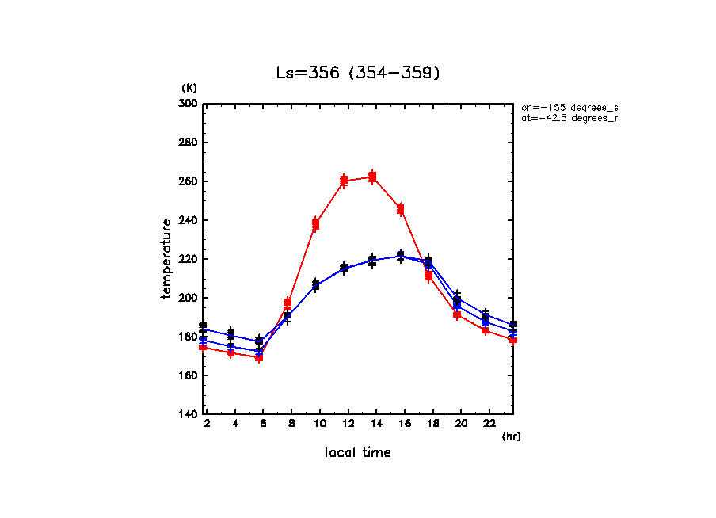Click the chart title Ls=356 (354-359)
tap(357, 73)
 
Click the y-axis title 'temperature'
tap(167, 259)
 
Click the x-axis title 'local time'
tap(357, 452)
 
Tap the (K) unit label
tap(189, 87)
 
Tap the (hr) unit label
tap(511, 436)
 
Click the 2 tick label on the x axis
tap(207, 425)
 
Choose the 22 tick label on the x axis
tap(489, 425)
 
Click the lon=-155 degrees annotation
tap(566, 107)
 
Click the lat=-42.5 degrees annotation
tap(566, 118)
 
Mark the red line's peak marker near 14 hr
tap(372, 177)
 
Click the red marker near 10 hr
tap(315, 225)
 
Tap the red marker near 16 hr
tap(401, 209)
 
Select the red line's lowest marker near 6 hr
tap(259, 357)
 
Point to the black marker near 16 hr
tap(401, 255)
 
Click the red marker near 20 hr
tap(457, 314)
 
